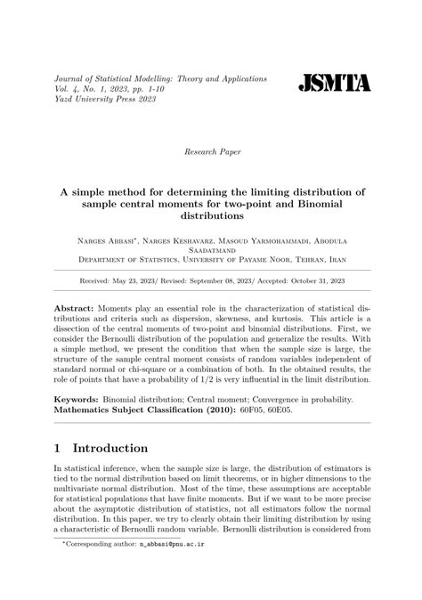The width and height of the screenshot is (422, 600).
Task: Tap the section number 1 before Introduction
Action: point(58,449)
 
